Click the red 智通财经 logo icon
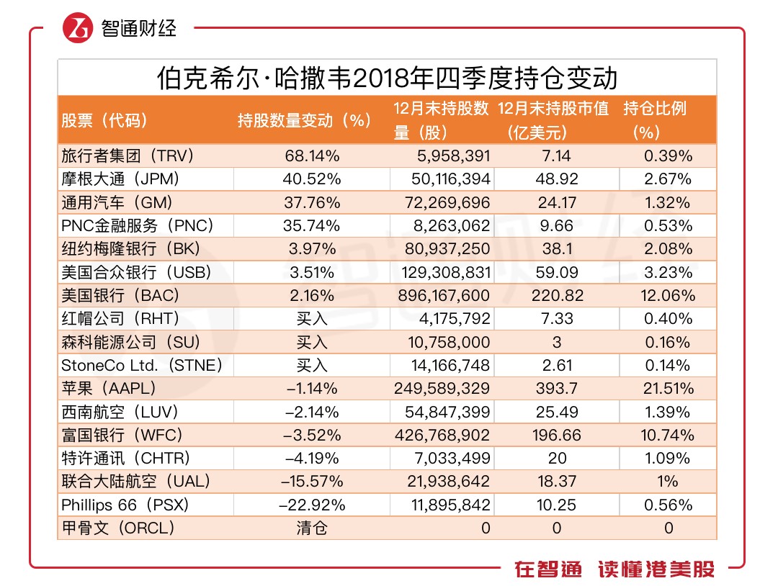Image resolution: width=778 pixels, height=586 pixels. click(x=79, y=29)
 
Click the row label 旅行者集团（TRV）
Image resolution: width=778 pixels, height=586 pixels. click(x=128, y=155)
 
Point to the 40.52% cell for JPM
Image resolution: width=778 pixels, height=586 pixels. click(x=311, y=179)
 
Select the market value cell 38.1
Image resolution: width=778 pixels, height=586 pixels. click(x=557, y=249)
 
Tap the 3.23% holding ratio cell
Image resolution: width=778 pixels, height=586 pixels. click(x=668, y=272)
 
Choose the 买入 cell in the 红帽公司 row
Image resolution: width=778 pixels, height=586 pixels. click(x=311, y=319)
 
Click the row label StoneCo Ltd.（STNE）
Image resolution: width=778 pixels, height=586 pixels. click(x=142, y=365)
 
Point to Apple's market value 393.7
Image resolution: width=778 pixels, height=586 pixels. click(x=557, y=389)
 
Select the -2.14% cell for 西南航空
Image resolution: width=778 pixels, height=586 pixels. click(x=311, y=412)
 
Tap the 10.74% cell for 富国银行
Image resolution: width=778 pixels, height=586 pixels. click(x=668, y=435)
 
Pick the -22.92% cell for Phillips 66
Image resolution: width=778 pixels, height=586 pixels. click(x=311, y=505)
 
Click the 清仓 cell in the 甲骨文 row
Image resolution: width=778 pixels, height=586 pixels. click(x=311, y=528)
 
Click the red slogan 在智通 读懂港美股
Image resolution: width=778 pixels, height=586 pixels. click(x=614, y=569)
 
